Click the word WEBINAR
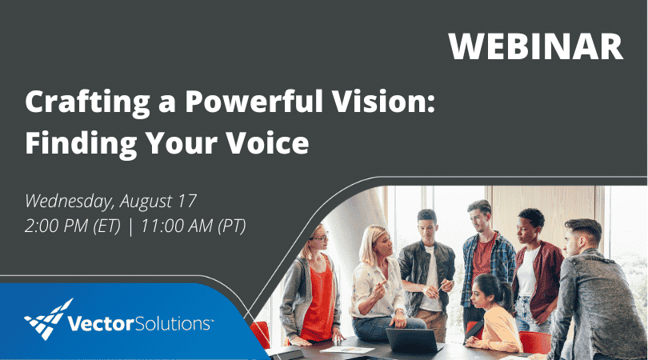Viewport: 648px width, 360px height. click(x=535, y=46)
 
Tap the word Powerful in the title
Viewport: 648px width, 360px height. click(x=242, y=104)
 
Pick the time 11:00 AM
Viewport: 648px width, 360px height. click(x=176, y=226)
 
